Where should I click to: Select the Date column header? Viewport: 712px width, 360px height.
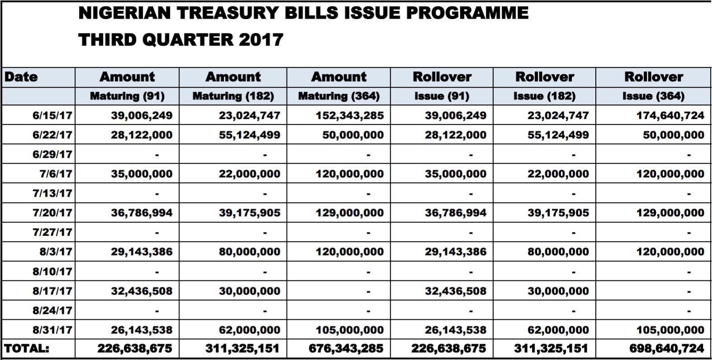(x=21, y=77)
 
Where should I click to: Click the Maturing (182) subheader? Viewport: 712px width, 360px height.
(x=233, y=96)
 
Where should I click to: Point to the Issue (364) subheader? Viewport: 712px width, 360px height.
(x=653, y=96)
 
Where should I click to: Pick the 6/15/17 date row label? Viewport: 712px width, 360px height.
(x=52, y=115)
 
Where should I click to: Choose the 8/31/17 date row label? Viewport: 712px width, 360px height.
(x=52, y=330)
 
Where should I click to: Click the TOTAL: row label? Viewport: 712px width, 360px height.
(x=27, y=349)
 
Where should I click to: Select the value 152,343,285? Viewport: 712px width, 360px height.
(x=349, y=115)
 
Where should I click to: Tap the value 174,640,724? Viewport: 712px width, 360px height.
(x=670, y=115)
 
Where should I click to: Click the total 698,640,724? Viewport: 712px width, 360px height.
(x=666, y=349)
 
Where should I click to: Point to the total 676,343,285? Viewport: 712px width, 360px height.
(x=346, y=349)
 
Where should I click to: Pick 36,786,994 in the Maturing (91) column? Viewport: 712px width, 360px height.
(x=141, y=213)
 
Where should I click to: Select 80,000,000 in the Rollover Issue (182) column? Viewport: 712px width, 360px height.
(x=558, y=252)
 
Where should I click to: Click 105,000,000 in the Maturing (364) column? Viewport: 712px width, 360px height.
(x=349, y=330)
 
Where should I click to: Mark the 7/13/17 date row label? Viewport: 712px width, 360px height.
(x=52, y=194)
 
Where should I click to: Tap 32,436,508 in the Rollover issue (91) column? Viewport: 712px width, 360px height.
(x=456, y=291)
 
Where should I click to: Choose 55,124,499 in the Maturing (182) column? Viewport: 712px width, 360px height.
(x=249, y=135)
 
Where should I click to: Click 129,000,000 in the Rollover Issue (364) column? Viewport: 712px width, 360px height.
(x=670, y=213)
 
